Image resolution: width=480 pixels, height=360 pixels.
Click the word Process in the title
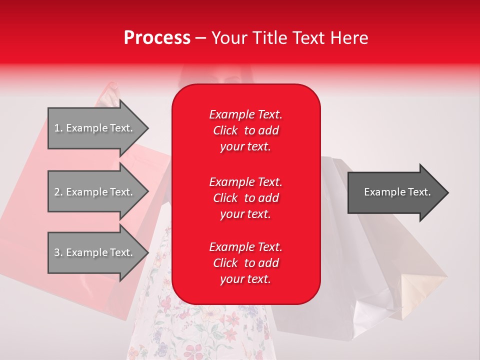[157, 37]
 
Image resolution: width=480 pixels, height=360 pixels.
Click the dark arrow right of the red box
[395, 192]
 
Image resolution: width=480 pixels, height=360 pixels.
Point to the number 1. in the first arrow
[58, 128]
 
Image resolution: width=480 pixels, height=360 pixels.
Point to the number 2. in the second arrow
[58, 192]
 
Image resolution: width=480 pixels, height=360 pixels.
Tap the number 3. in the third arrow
[58, 252]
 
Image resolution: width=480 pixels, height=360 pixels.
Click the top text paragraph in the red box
[245, 130]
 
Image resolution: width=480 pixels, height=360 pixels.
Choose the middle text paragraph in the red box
[245, 198]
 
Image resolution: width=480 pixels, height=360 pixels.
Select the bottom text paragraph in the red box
[245, 263]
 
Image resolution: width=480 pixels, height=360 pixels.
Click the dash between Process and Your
[200, 38]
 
